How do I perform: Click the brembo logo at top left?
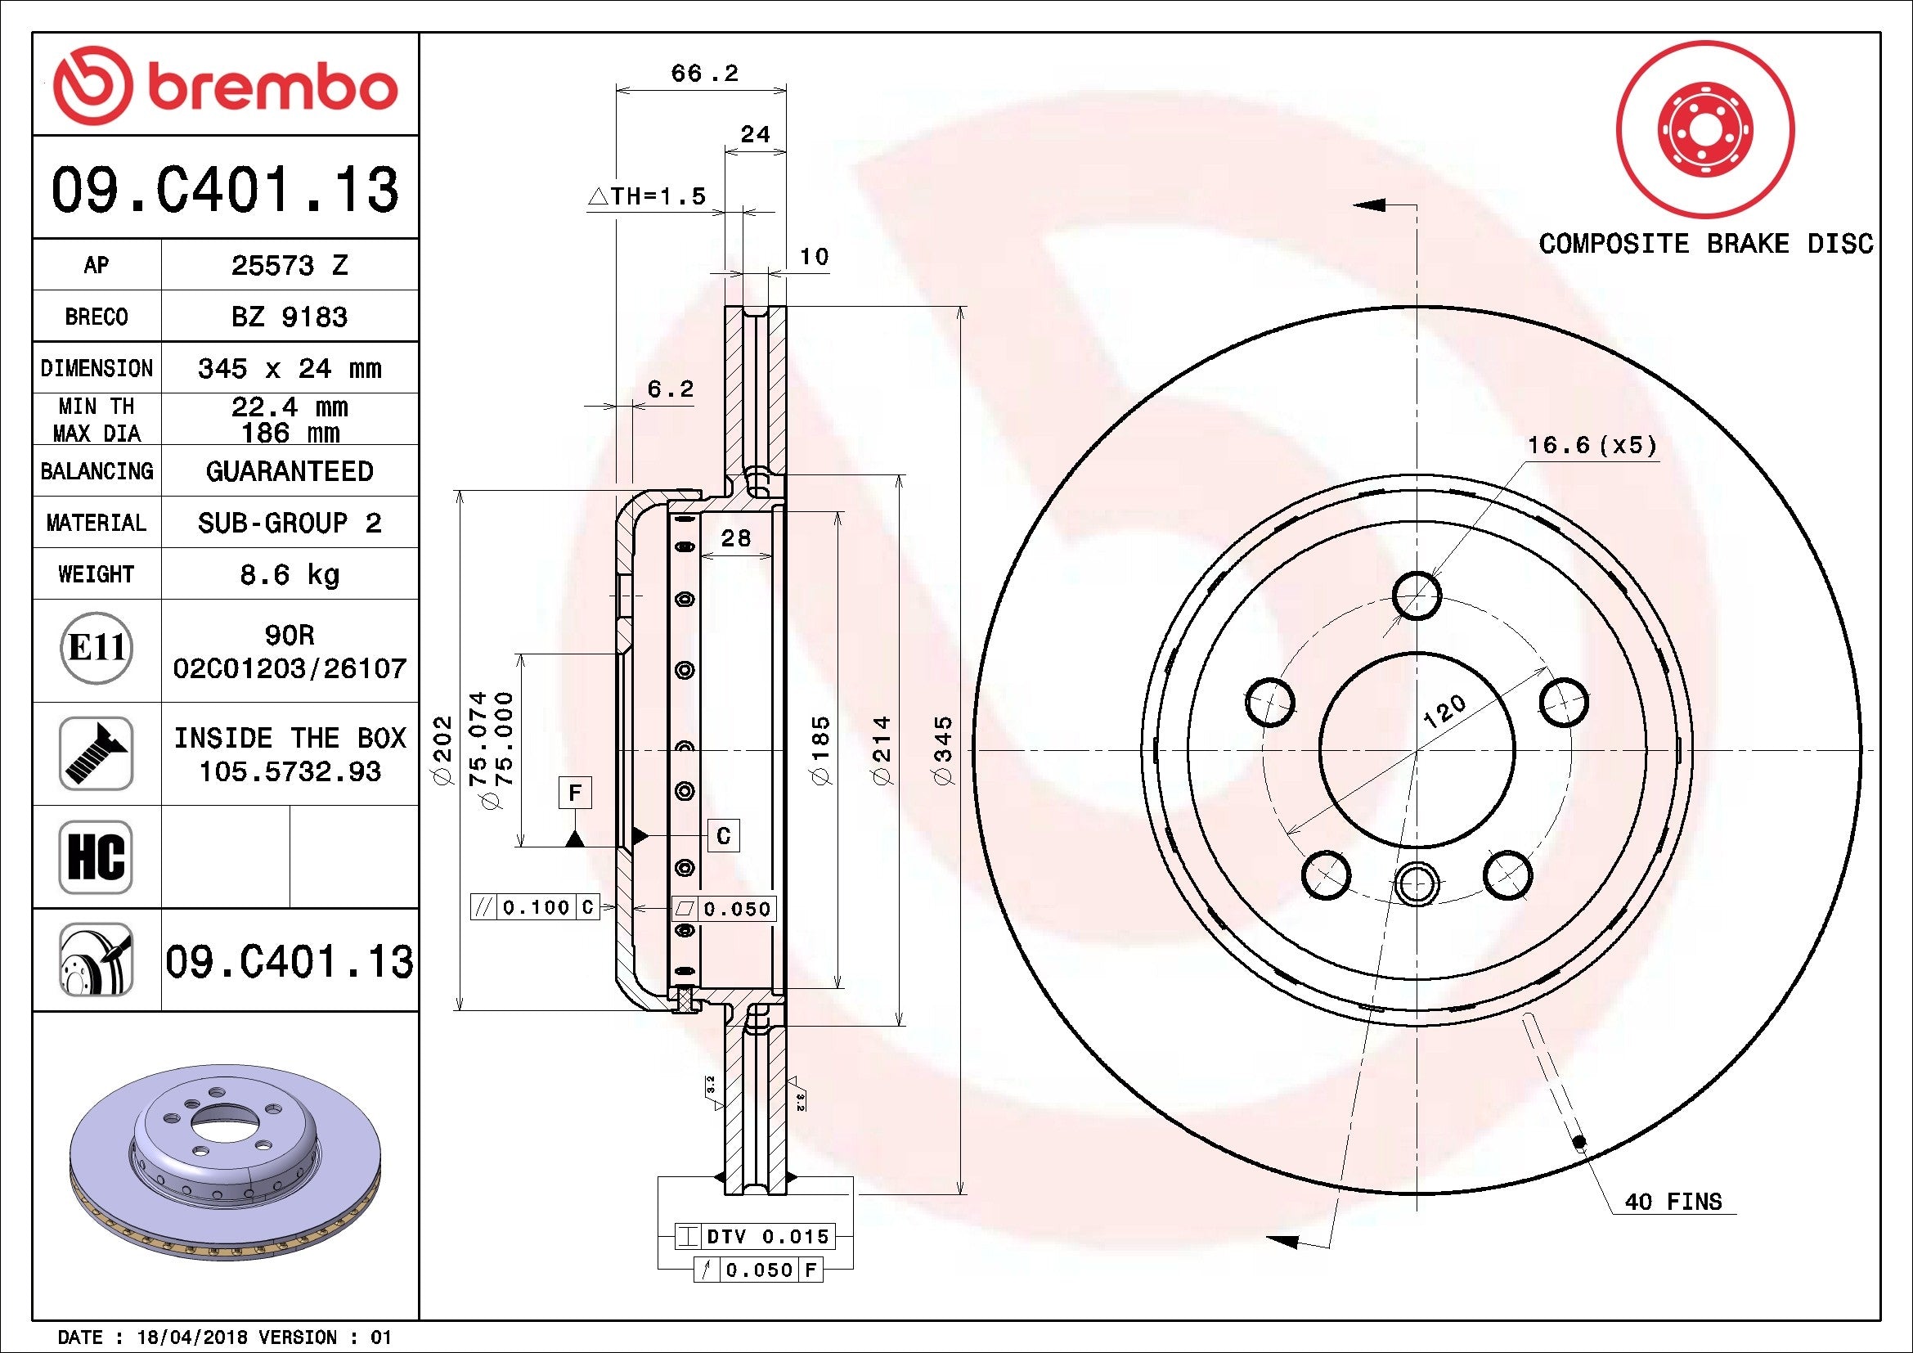pos(225,87)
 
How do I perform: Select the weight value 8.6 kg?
pos(289,574)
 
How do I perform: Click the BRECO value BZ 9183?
pos(289,317)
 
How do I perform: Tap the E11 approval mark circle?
pos(97,648)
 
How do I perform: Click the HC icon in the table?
pos(96,856)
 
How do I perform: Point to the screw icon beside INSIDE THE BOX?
pos(96,753)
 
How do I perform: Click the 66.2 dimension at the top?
pos(704,74)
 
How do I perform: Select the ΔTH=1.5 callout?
pos(647,196)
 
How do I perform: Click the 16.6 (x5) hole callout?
pos(1592,445)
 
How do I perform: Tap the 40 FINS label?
pos(1673,1202)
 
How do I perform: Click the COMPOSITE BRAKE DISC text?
pos(1704,244)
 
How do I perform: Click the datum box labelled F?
pos(575,793)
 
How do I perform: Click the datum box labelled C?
pos(723,836)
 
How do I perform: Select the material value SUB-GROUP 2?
pos(289,523)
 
